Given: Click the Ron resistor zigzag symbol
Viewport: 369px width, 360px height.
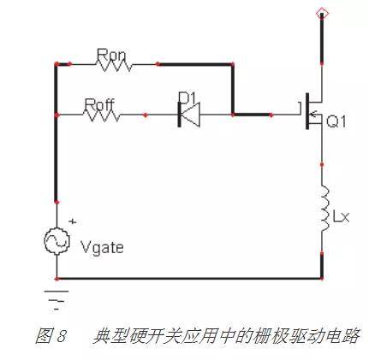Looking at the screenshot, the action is point(114,66).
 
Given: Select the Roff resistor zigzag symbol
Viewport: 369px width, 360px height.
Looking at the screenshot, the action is point(102,116).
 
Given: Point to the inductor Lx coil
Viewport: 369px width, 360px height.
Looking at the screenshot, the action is point(324,208).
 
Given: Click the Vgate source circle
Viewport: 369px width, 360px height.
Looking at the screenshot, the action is point(57,241).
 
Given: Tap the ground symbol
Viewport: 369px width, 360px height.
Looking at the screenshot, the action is point(57,300).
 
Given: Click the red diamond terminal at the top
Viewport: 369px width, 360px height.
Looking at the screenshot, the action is point(322,14).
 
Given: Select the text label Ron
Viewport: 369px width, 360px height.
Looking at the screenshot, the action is point(110,55).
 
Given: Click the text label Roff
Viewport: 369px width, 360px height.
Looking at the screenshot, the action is point(99,104).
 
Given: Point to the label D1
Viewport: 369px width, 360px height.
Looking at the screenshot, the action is point(187,97).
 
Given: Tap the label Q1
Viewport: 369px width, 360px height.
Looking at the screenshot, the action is point(336,122).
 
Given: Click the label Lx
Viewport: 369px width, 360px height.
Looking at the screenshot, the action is point(341,216).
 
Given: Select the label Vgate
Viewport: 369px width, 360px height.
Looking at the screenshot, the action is point(102,248).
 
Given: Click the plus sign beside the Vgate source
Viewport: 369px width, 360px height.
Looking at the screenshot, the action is point(73,221).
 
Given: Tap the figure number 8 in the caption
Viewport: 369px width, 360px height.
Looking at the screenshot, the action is point(61,336).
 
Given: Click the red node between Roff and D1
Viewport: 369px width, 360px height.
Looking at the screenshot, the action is point(146,115).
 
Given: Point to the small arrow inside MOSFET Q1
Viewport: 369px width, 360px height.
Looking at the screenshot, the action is point(314,115).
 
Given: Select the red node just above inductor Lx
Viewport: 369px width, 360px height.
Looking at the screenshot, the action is point(322,165).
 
